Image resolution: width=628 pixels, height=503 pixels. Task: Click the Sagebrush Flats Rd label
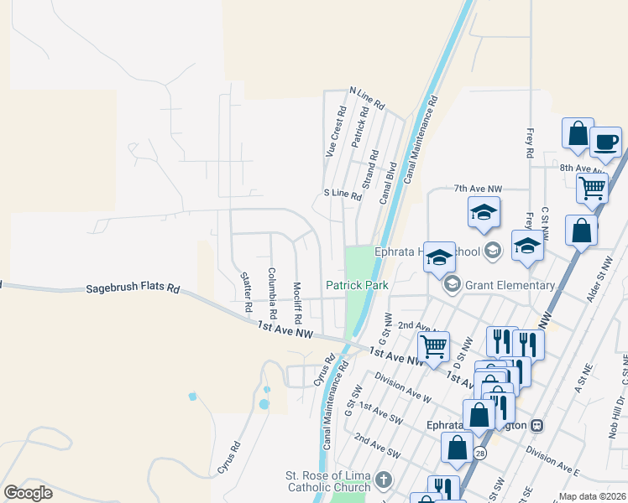[133, 289]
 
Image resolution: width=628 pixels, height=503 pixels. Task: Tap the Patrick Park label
[358, 285]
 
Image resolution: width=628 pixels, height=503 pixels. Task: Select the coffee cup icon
[605, 142]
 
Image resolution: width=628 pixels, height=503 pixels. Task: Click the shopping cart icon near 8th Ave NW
[593, 188]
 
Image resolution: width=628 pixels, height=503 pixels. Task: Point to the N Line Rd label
[366, 99]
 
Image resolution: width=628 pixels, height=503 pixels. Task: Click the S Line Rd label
[343, 194]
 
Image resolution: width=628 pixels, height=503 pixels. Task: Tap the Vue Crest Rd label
[335, 132]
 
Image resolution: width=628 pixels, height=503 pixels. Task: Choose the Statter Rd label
[246, 292]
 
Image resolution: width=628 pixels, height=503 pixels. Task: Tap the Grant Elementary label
[510, 285]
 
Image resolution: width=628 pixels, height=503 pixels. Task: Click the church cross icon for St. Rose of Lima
[384, 480]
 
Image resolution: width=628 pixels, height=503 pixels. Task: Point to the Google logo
[29, 492]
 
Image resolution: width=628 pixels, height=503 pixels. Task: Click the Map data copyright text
[591, 496]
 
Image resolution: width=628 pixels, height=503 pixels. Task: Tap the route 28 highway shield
[479, 453]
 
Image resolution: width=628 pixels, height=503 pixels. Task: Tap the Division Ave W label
[402, 388]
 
